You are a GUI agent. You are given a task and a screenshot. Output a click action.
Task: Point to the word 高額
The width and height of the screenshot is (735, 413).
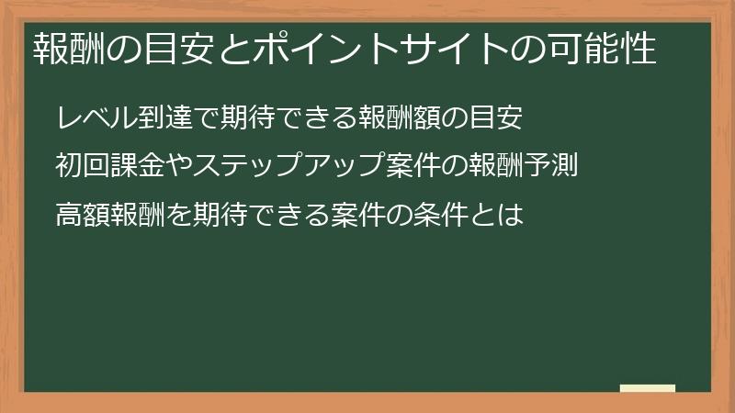coord(84,216)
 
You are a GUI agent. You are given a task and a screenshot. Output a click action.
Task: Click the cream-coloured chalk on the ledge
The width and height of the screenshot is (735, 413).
coord(647,388)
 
